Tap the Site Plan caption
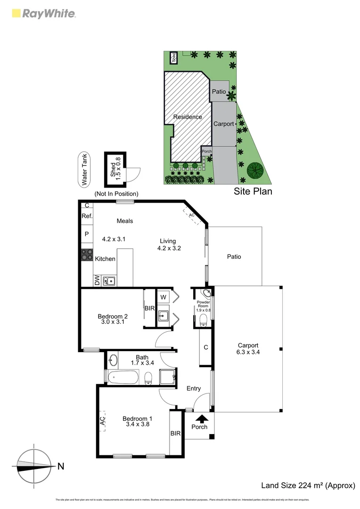253,192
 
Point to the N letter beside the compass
61,467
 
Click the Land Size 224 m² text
308,485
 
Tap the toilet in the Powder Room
204,320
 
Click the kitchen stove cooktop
87,255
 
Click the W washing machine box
163,297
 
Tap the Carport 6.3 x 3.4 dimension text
248,352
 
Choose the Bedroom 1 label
137,418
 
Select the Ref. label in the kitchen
87,216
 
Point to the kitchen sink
109,281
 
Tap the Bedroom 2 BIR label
150,308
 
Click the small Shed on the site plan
174,58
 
